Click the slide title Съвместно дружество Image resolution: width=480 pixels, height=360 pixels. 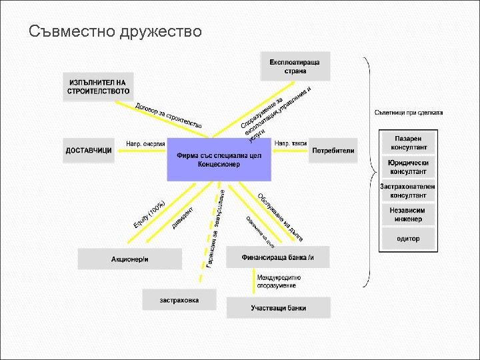(x=115, y=31)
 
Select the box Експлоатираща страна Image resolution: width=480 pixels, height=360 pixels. (x=295, y=66)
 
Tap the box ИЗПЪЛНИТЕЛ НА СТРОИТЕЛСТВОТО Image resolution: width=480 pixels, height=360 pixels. (x=99, y=86)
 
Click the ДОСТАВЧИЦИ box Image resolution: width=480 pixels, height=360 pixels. (x=89, y=151)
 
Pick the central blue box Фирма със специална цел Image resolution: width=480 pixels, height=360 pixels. (x=219, y=159)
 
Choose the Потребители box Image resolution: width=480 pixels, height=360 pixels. (x=333, y=151)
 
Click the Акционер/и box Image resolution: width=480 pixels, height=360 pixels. (x=130, y=258)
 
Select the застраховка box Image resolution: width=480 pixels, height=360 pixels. (x=179, y=300)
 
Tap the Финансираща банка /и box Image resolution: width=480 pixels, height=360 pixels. (x=279, y=257)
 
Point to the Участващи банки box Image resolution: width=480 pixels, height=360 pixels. (x=279, y=308)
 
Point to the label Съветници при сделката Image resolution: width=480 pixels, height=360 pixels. (x=409, y=113)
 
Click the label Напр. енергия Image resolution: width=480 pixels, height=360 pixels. (x=145, y=144)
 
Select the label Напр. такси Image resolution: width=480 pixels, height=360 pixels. (x=291, y=144)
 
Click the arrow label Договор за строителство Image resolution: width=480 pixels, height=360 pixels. (x=168, y=116)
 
